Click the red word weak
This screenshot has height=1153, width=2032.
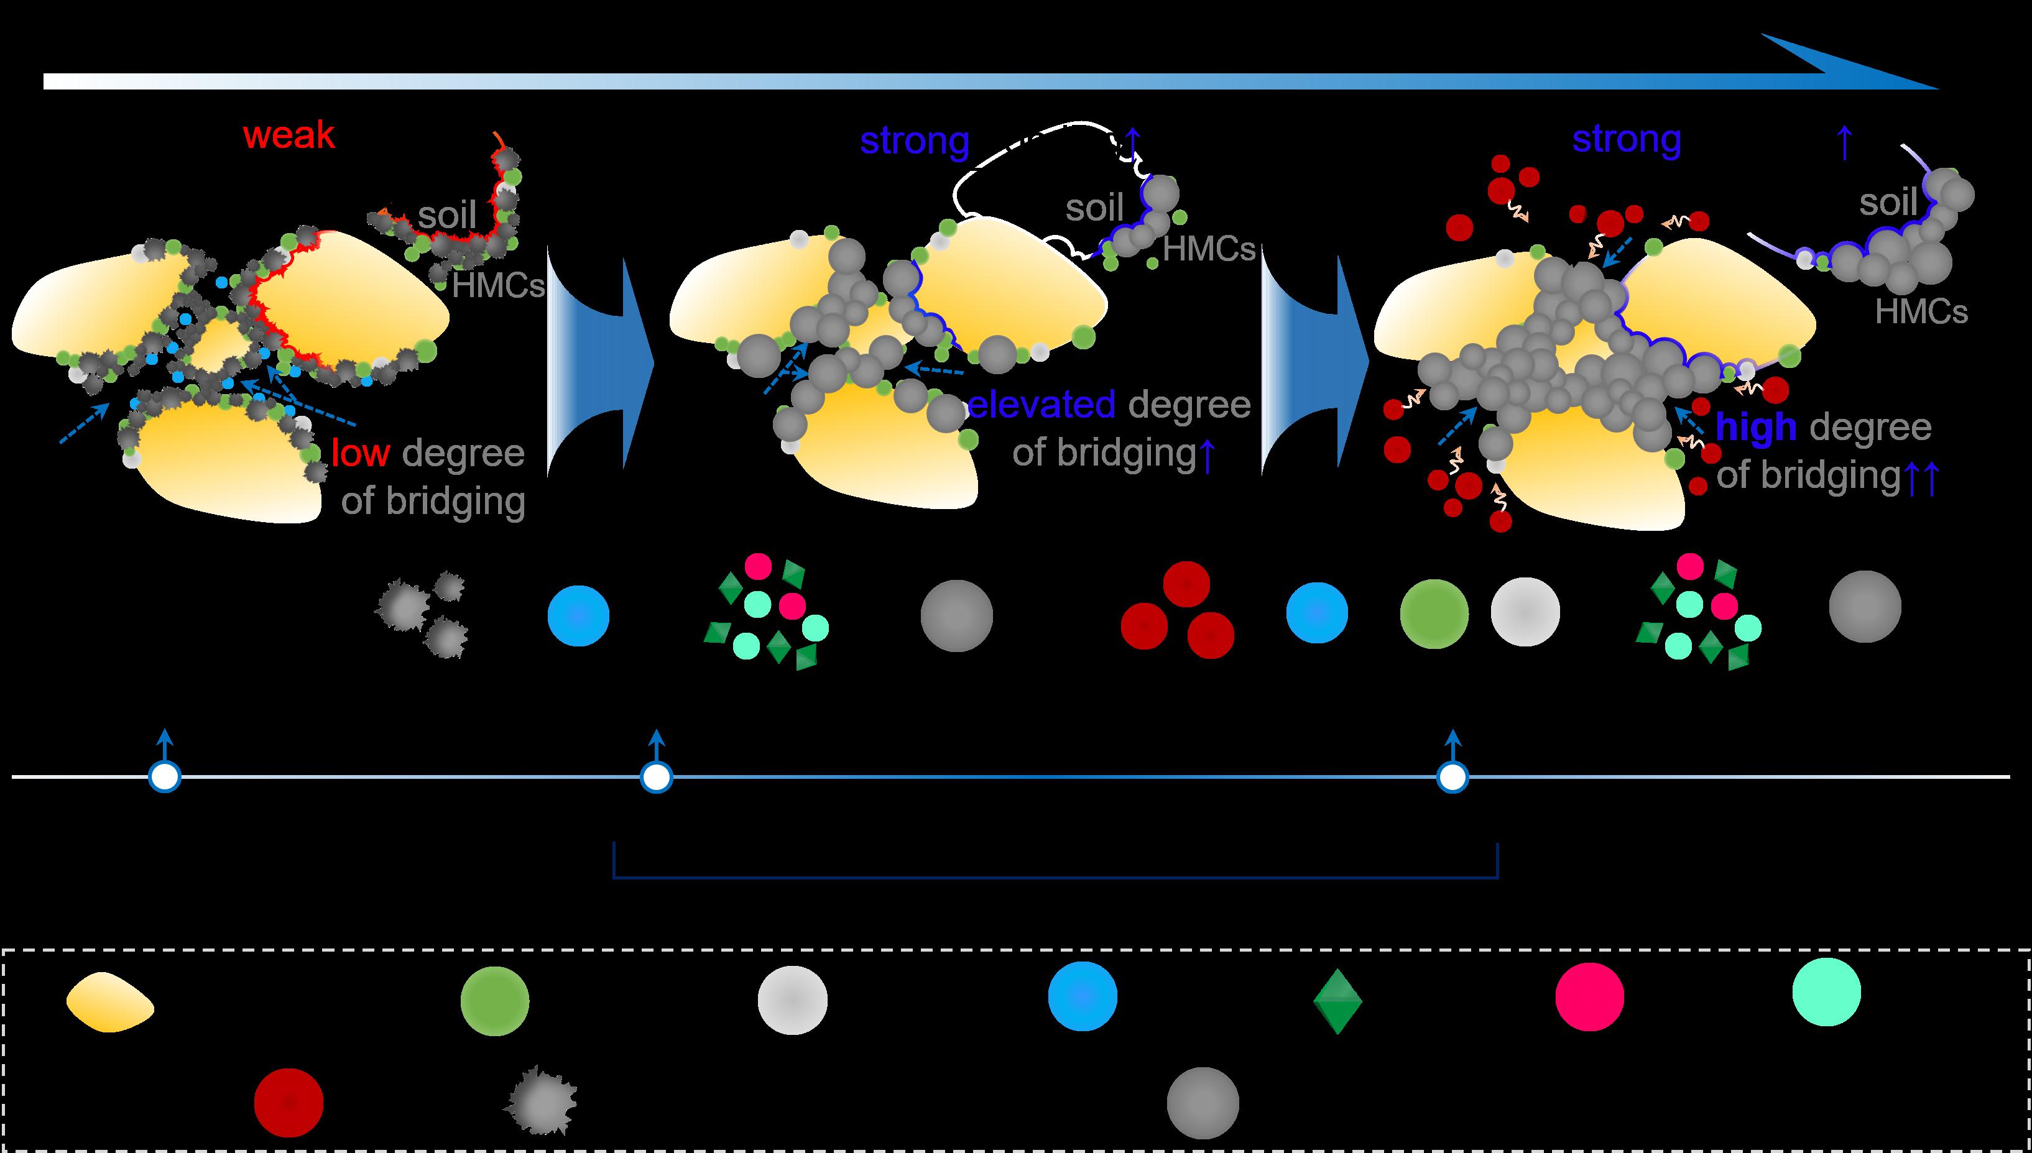[289, 136]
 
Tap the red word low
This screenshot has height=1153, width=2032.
[361, 453]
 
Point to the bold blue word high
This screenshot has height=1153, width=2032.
[1755, 428]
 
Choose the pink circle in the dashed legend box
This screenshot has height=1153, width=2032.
[1589, 997]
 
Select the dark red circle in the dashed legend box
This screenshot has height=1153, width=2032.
[289, 1102]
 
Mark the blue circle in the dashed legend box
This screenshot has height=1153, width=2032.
[1082, 997]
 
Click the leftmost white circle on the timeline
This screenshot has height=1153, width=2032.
[165, 778]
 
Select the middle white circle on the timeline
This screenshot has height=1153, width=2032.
[656, 778]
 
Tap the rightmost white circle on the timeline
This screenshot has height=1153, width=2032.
[1452, 778]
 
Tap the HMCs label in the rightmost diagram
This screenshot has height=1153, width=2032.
[1921, 312]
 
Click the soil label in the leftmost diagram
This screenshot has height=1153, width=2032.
[448, 214]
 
